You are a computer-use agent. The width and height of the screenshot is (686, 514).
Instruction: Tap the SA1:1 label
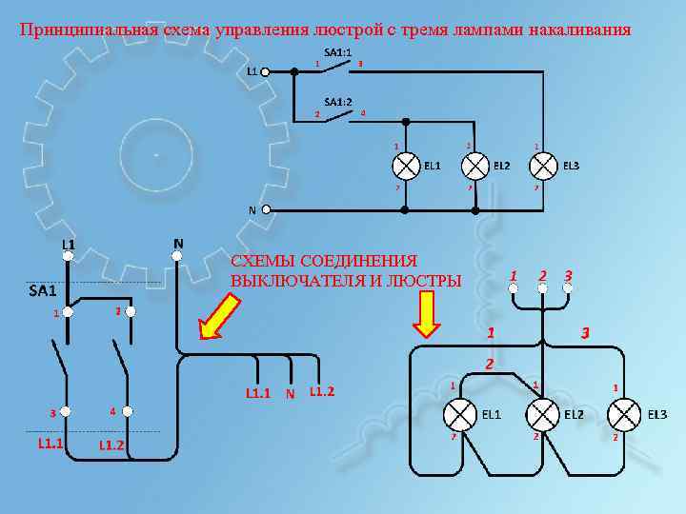click(338, 52)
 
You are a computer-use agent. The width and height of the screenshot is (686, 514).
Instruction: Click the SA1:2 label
click(338, 101)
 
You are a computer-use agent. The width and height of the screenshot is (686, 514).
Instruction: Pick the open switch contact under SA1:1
click(340, 67)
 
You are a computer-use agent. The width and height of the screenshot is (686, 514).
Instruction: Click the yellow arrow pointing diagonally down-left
click(218, 317)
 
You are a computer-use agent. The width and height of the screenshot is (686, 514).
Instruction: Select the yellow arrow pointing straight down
click(426, 313)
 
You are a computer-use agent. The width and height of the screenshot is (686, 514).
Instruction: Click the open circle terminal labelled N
click(268, 210)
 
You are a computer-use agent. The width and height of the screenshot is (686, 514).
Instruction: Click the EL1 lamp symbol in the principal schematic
click(406, 166)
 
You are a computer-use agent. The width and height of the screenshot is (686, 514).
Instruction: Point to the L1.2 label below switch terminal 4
click(111, 445)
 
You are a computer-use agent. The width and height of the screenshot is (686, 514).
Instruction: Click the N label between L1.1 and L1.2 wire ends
click(290, 392)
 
